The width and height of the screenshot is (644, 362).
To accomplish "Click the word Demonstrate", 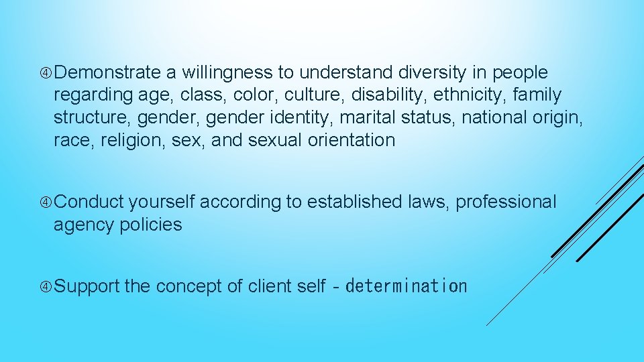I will point(107,72).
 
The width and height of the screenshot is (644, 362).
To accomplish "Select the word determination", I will point(407,287).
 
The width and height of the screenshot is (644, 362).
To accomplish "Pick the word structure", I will point(93,118).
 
